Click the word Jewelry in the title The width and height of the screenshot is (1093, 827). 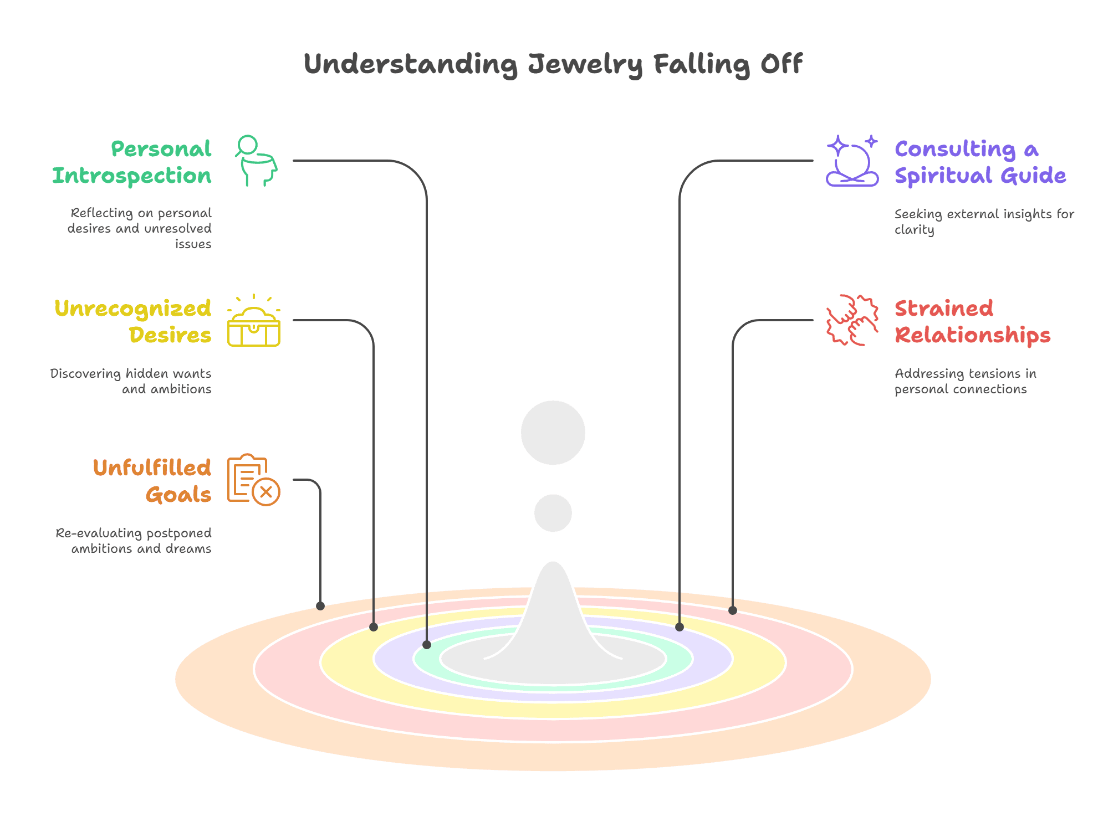(x=585, y=65)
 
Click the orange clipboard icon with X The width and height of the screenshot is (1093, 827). (x=254, y=480)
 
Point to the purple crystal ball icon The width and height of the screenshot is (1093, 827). (x=852, y=162)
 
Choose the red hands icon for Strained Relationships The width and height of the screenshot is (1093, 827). (x=852, y=320)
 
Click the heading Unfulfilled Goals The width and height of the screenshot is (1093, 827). (x=152, y=481)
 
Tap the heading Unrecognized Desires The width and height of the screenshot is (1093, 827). (x=134, y=321)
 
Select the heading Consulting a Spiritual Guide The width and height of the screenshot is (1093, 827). (x=979, y=162)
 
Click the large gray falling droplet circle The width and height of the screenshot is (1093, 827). (x=553, y=433)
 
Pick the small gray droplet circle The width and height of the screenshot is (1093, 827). (x=553, y=513)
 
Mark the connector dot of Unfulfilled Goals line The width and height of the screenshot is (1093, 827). (x=320, y=606)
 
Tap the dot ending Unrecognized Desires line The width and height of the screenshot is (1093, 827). (x=374, y=627)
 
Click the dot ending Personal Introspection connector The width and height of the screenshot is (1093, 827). (x=427, y=644)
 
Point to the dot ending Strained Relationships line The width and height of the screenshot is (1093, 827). (x=733, y=610)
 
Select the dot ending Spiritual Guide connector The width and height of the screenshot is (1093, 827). (x=680, y=627)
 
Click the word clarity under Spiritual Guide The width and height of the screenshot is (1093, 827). (x=914, y=230)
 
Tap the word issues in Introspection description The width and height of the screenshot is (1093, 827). (x=193, y=244)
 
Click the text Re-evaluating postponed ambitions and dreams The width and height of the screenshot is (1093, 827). (x=134, y=541)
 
